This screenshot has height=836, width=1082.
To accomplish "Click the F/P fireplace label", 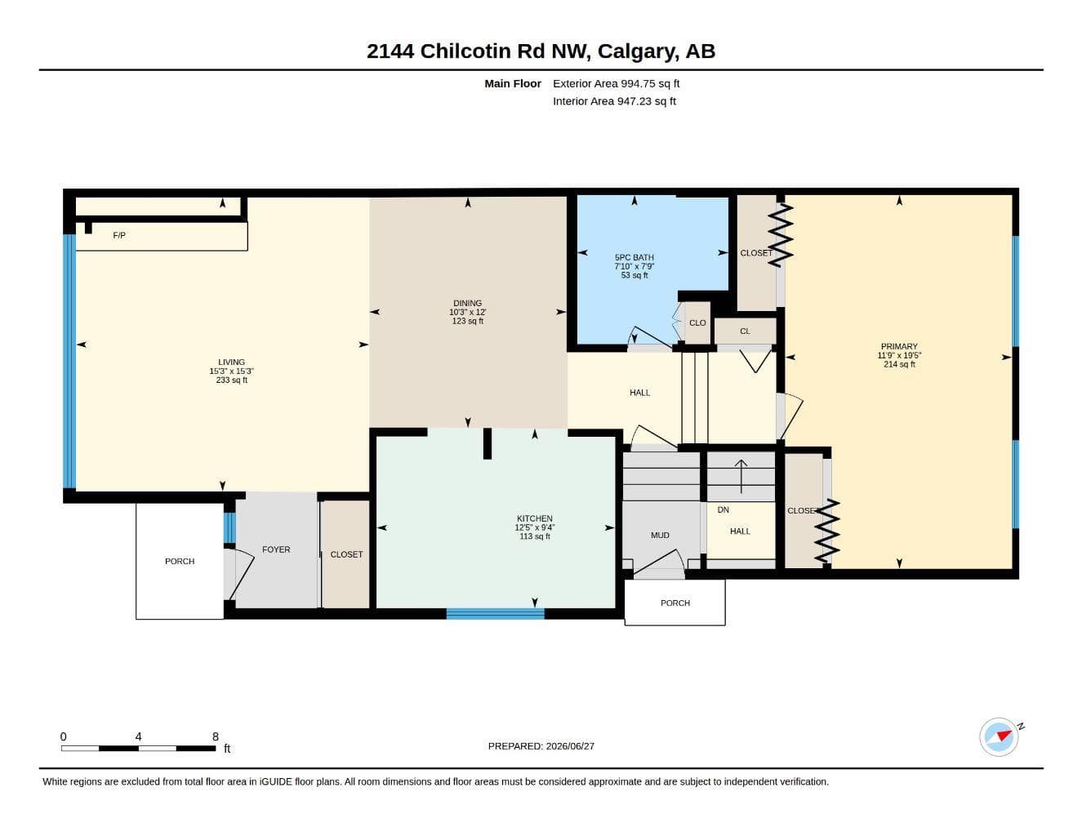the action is tap(119, 235).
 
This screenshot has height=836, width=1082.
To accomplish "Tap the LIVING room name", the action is tap(232, 362).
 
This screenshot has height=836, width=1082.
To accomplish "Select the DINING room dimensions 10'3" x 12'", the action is tap(468, 312).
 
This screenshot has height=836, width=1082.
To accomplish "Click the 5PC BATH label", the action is tap(634, 257).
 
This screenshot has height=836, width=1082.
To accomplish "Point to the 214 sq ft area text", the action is tap(899, 364).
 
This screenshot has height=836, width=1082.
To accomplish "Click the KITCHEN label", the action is tap(534, 518).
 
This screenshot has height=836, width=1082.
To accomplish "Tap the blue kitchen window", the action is tap(495, 614).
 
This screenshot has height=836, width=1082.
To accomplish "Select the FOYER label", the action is tap(276, 549).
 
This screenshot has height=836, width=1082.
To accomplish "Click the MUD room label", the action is tap(660, 535).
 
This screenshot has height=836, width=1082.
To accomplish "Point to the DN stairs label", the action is tap(723, 509).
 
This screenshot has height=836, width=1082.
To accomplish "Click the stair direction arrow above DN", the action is tap(741, 476).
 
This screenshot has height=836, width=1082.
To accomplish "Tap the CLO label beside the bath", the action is tap(697, 323).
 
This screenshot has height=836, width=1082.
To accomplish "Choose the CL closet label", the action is tap(745, 331).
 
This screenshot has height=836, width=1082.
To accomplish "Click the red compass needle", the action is tap(1004, 735).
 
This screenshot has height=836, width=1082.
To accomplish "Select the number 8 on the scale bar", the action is tap(215, 736).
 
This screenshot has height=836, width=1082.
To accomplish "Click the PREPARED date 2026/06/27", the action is tap(570, 746).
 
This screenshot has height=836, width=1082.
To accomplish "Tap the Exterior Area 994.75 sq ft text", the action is tap(616, 83).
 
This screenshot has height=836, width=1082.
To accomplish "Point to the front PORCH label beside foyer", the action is tap(180, 562).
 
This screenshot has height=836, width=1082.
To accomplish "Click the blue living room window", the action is tap(69, 361).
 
